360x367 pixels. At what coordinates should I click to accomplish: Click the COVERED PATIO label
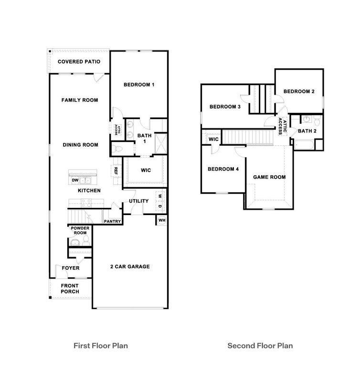(79, 62)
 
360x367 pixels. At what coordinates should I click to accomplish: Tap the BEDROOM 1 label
(139, 85)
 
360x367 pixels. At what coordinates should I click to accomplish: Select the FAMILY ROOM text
(80, 100)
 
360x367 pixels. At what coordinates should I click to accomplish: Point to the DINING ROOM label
(80, 145)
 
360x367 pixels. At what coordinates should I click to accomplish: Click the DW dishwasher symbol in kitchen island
(75, 181)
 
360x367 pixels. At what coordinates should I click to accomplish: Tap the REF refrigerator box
(116, 170)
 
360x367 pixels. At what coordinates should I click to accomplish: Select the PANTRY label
(112, 221)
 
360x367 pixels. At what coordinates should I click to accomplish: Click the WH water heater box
(161, 220)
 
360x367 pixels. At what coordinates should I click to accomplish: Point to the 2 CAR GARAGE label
(130, 267)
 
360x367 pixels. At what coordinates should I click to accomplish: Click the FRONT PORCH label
(70, 289)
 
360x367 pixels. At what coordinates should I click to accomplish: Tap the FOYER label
(71, 268)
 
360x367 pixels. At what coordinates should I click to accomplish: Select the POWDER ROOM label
(80, 230)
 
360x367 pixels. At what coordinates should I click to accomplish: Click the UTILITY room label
(138, 201)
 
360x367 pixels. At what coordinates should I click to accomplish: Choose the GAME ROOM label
(269, 177)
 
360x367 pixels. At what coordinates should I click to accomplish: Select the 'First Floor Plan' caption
(100, 345)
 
